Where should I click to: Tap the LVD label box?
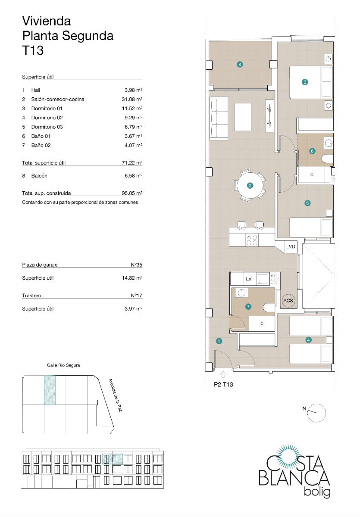291,246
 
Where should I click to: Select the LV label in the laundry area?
248,279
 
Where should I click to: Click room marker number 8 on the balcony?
240,65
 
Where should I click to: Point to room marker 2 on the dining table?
250,186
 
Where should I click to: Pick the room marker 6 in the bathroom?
313,151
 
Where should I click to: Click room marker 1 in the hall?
219,342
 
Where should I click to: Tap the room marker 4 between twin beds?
308,340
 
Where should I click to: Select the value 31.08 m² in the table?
132,100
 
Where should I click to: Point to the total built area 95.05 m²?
132,193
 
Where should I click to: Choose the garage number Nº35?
136,265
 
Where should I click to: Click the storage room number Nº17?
136,296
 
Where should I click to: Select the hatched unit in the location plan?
50,390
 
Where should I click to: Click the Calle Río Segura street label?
63,365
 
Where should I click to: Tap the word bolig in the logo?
317,492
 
